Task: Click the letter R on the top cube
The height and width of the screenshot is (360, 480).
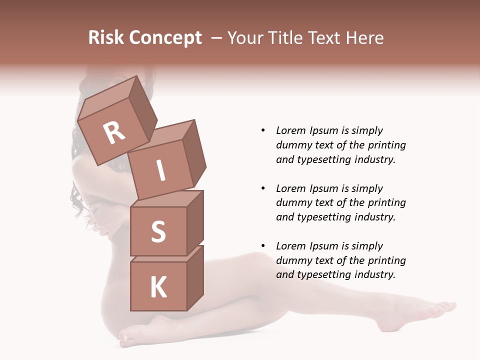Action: (114, 132)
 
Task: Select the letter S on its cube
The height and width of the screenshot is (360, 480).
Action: (158, 231)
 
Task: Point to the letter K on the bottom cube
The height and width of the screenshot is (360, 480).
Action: (158, 287)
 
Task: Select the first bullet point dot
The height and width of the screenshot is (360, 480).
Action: (263, 130)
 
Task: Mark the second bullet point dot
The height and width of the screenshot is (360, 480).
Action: (263, 188)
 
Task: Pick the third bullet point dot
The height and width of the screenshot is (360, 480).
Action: (263, 246)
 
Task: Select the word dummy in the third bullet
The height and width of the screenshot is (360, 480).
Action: (292, 260)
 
